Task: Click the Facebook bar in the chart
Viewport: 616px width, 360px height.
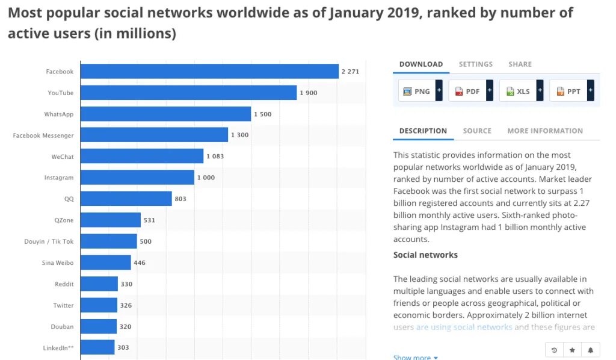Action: coord(209,72)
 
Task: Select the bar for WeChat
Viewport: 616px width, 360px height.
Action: coord(142,157)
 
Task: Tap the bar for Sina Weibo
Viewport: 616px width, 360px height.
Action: coord(105,262)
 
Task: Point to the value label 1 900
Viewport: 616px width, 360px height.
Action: coord(309,93)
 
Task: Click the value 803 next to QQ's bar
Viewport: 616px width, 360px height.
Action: coord(180,199)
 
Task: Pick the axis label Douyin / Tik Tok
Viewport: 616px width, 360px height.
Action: coord(49,241)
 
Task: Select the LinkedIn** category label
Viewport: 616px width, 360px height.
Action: coord(58,347)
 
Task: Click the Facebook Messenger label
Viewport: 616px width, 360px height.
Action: coord(43,135)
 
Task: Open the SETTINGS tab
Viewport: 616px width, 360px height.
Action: coord(475,64)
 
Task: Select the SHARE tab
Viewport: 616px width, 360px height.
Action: coord(520,64)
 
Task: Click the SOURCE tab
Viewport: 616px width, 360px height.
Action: coord(477,131)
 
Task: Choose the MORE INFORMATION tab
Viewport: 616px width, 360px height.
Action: coord(545,131)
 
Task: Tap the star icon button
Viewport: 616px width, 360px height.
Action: coord(572,350)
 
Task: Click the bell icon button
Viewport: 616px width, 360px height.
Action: coord(590,350)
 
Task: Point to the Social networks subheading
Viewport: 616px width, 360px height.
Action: coord(425,255)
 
